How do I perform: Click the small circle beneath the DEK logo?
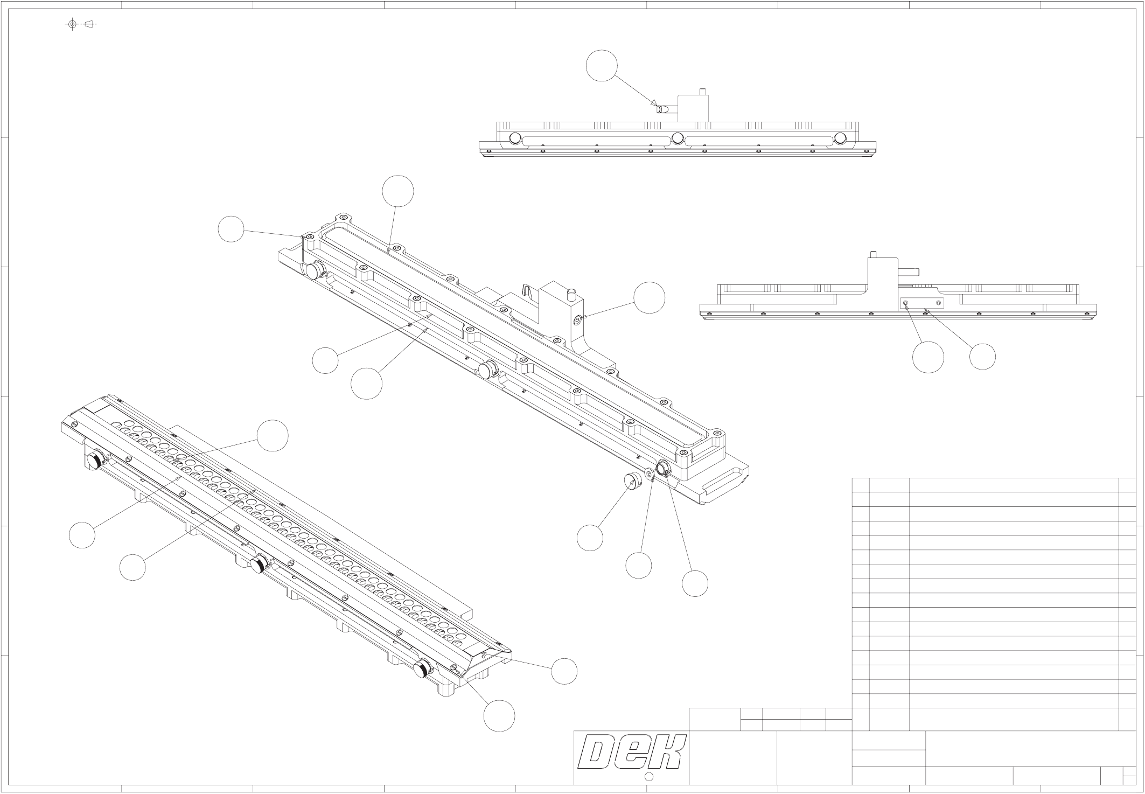pos(648,776)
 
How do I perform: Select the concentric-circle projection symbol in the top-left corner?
pos(73,24)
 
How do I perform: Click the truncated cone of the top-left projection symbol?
pos(90,24)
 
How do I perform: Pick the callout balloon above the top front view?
pos(602,66)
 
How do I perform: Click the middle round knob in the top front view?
pos(678,138)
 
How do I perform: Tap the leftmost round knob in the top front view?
pos(515,138)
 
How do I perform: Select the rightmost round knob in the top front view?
pos(840,138)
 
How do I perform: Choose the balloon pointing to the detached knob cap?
pos(590,538)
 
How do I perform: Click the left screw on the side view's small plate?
pos(906,303)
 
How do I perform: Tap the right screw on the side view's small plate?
pos(939,303)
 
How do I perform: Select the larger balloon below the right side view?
pos(928,357)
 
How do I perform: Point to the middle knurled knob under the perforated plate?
pos(259,565)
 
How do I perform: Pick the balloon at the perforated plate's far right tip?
pos(564,671)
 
